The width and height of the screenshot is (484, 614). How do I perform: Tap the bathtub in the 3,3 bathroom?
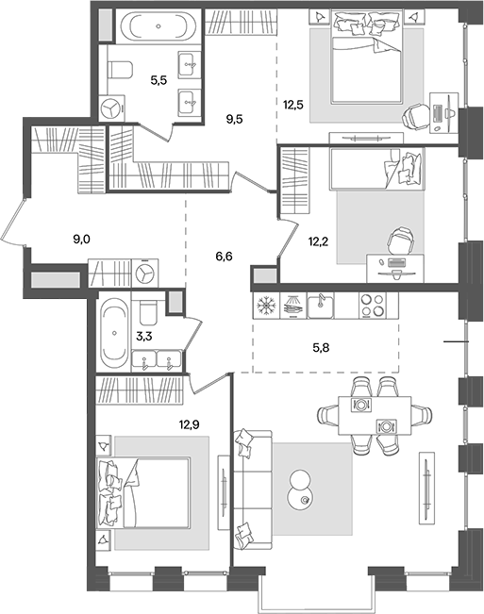[112, 335]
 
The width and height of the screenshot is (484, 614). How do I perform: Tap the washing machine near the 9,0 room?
[144, 273]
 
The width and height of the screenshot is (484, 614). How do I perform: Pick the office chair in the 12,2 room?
[402, 241]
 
